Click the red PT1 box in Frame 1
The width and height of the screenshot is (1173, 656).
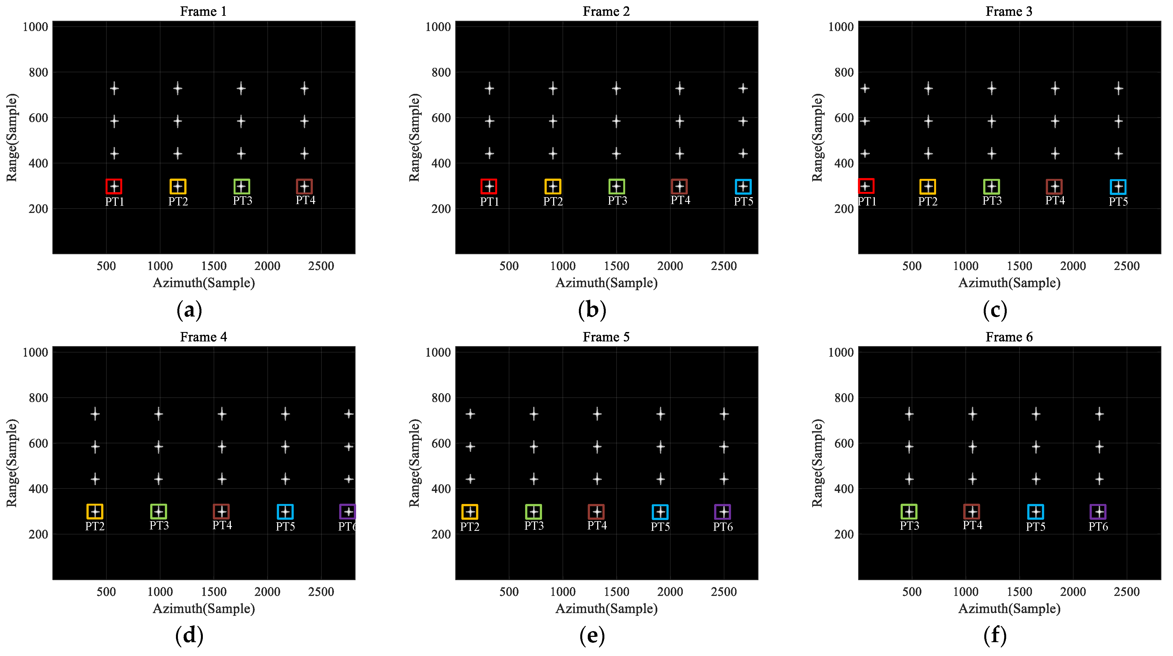point(114,187)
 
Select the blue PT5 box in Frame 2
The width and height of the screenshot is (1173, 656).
point(743,187)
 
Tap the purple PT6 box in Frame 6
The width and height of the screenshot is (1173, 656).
point(1098,512)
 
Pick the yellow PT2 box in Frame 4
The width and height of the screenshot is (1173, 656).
point(95,512)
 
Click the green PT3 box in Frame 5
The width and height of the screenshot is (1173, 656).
point(533,512)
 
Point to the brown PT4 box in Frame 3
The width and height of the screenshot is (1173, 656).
point(1054,187)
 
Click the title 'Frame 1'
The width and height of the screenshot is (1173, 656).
point(203,11)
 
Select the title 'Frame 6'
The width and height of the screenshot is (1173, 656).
point(1009,337)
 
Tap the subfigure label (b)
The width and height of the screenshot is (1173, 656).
point(592,310)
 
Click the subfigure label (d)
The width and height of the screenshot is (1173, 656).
point(189,636)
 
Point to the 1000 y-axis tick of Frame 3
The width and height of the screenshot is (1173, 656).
point(840,27)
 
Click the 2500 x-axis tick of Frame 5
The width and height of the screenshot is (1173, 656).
point(724,592)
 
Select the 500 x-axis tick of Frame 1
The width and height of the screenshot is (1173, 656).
point(106,266)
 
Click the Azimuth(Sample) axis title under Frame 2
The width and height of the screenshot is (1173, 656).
point(606,283)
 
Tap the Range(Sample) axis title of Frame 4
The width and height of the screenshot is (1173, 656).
point(12,463)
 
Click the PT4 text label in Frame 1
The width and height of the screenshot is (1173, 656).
point(305,200)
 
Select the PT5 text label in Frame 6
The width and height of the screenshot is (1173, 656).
point(1035,527)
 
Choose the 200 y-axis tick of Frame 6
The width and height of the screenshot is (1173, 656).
point(844,534)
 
